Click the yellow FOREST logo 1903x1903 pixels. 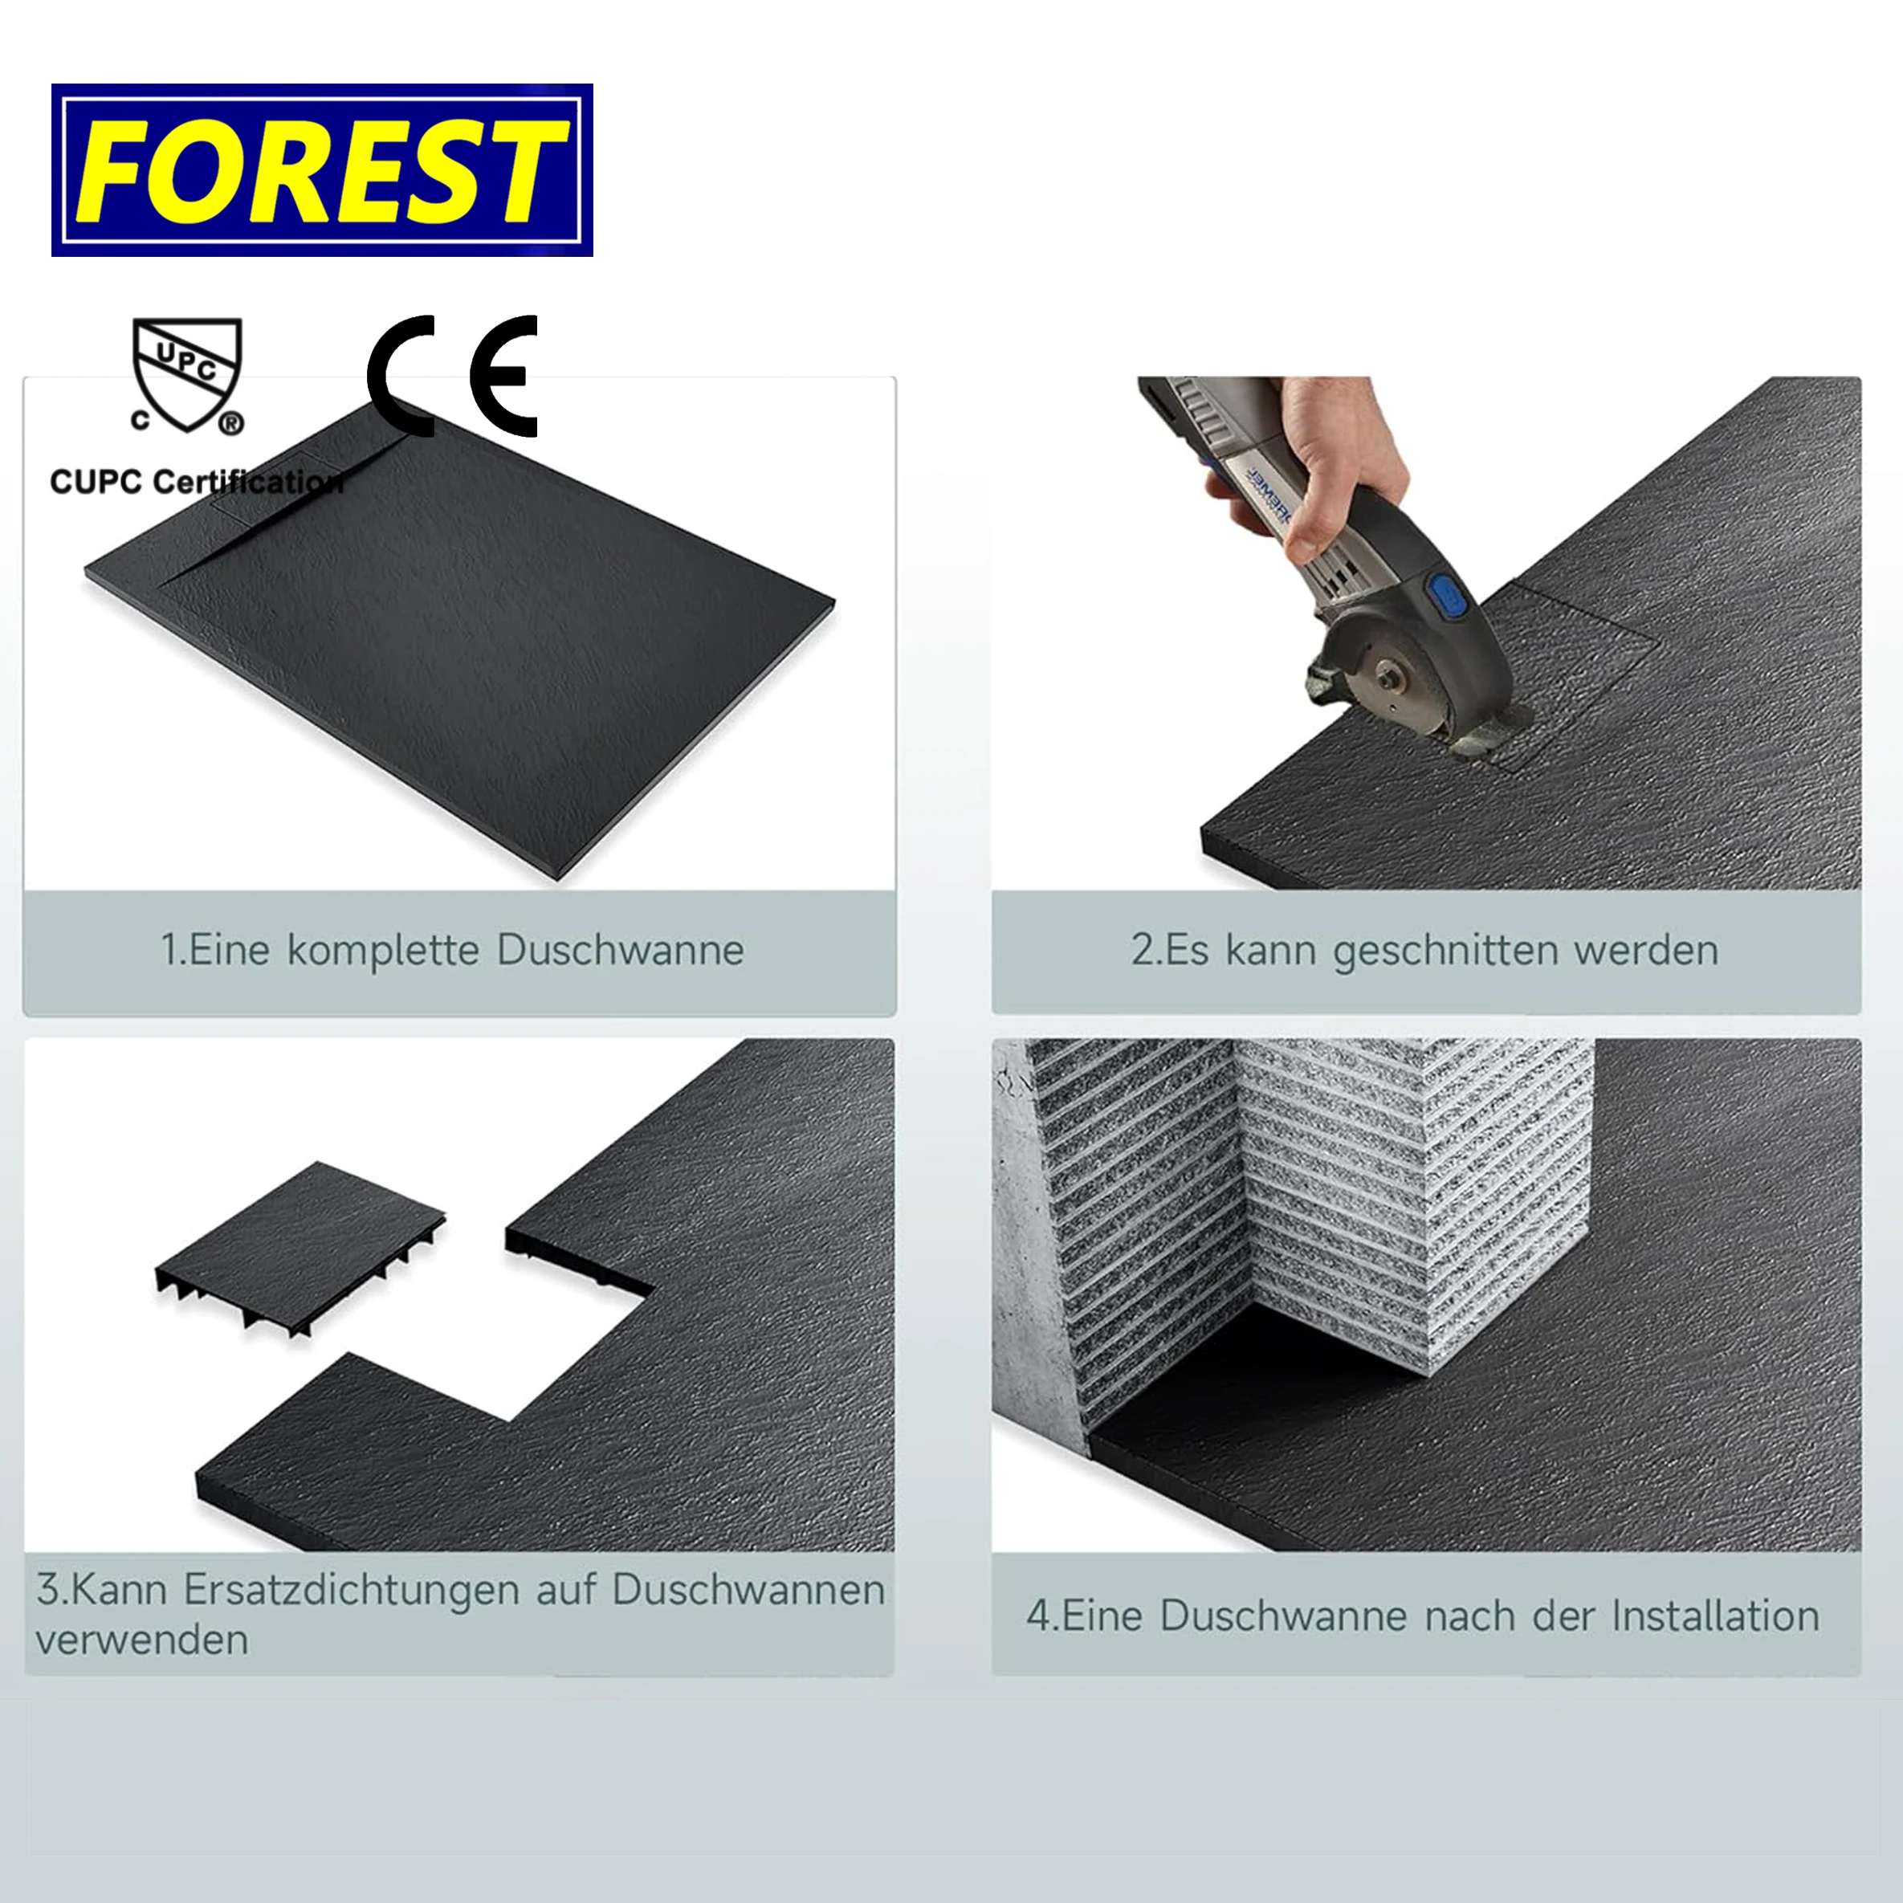pos(321,169)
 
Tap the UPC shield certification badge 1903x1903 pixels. pos(187,374)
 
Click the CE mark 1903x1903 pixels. pos(452,377)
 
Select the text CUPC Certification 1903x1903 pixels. pos(196,482)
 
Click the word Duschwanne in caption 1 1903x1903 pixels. pos(620,951)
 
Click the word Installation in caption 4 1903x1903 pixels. pos(1715,1616)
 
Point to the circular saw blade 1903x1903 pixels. pos(1389,679)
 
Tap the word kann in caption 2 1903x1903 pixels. pos(1269,951)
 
